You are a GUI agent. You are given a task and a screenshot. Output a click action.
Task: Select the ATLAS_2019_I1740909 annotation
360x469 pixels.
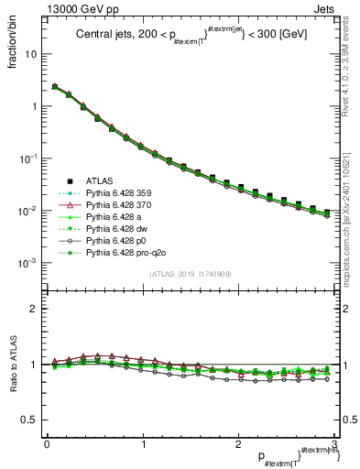click(190, 274)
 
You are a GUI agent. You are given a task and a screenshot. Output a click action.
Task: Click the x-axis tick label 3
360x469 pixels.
click(333, 443)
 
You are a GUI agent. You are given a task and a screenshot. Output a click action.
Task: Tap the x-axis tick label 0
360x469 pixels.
click(47, 443)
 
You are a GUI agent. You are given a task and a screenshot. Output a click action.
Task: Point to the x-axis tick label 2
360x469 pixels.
click(238, 443)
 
